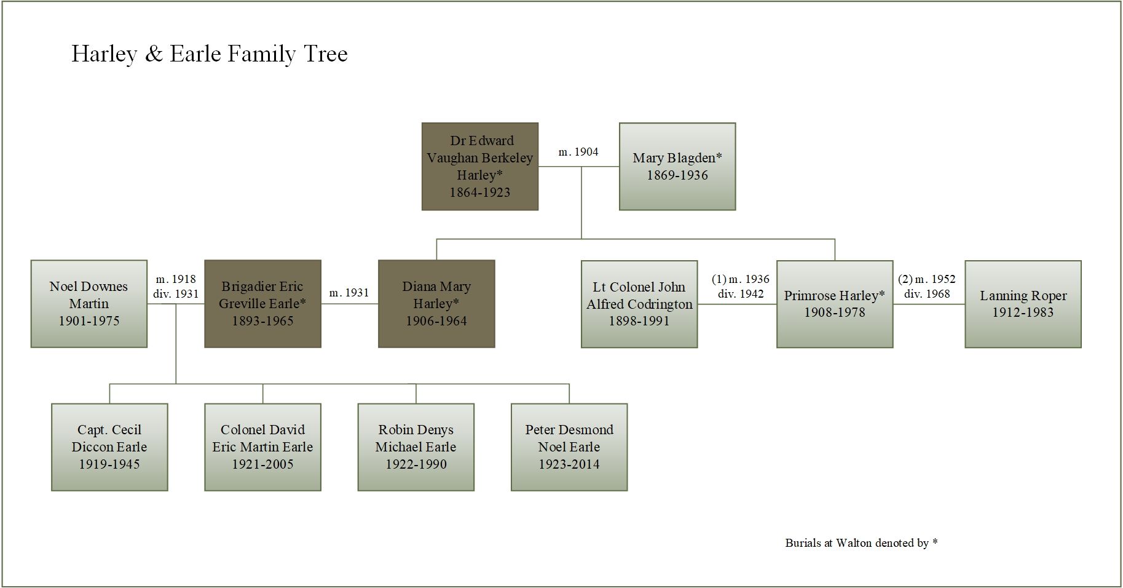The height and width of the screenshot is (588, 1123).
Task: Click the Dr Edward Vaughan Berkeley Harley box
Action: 480,167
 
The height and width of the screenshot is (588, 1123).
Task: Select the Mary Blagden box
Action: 677,167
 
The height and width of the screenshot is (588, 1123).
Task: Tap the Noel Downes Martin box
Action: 89,304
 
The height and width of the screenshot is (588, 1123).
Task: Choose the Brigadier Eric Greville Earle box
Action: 262,304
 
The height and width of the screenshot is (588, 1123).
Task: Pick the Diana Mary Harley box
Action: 436,304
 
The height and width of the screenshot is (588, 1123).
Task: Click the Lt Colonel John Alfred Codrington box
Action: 639,304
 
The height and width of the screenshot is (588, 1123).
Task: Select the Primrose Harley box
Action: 835,304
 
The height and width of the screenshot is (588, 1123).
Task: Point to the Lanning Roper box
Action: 1023,304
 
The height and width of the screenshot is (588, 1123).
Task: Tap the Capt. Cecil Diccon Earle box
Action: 109,447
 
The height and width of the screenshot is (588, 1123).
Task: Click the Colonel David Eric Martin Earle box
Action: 262,447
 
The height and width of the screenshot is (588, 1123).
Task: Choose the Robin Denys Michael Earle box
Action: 416,447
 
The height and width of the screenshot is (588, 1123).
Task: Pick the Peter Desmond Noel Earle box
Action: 569,447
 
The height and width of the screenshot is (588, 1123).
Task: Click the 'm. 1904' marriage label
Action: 578,152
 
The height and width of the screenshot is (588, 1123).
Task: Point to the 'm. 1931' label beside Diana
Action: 349,293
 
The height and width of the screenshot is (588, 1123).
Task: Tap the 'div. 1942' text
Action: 741,294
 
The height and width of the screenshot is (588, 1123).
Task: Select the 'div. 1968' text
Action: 927,294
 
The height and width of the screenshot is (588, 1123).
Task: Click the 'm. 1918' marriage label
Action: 176,279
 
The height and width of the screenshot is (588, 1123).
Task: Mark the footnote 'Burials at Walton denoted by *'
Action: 861,543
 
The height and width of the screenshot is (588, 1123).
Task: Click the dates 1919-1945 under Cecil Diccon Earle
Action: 109,464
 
